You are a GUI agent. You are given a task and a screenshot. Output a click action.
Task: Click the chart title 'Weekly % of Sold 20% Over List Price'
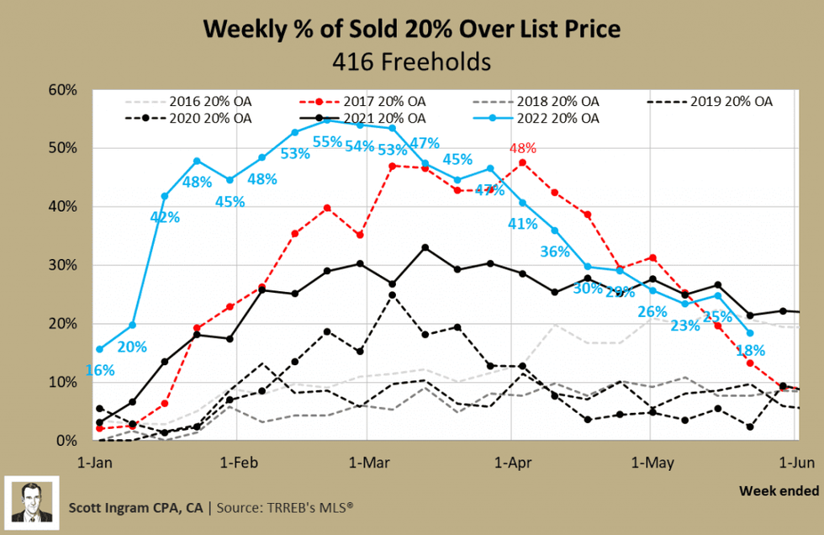[412, 29]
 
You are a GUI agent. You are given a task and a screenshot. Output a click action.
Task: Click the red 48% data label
[522, 149]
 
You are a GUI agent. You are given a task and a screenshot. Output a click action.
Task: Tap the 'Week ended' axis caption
[779, 490]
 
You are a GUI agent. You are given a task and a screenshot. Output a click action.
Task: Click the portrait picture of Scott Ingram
[32, 502]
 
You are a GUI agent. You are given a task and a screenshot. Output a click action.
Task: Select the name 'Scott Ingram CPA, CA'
[136, 508]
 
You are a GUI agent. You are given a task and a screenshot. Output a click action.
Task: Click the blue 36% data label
[555, 252]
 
